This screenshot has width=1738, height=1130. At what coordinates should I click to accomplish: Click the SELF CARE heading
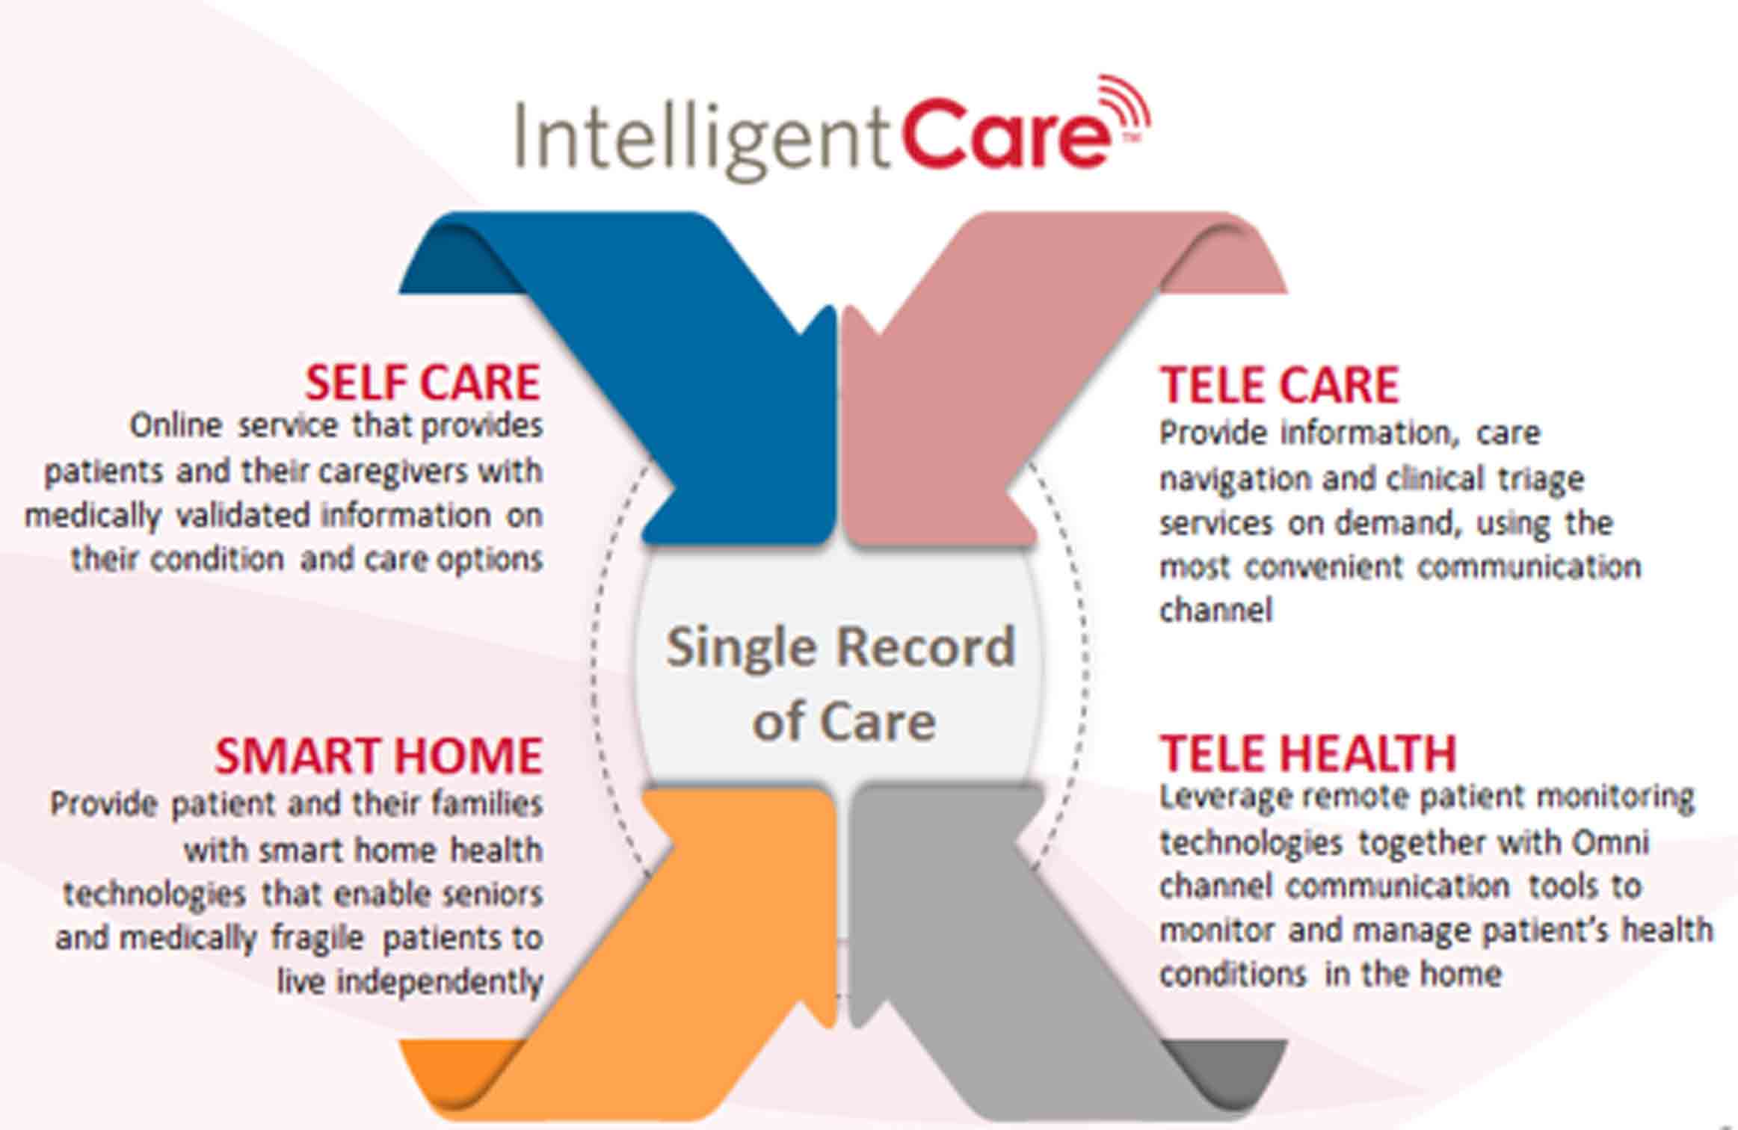tap(422, 383)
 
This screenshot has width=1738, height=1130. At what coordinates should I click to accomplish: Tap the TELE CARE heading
tap(1279, 386)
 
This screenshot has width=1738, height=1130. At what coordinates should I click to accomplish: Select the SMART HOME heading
tap(378, 756)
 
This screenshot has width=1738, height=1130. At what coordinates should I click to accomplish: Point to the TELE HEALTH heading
tap(1308, 753)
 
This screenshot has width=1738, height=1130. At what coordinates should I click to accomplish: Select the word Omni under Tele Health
tap(1610, 842)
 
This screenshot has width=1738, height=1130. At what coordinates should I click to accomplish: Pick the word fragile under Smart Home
tap(317, 938)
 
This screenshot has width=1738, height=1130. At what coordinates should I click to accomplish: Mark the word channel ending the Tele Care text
tap(1215, 610)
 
